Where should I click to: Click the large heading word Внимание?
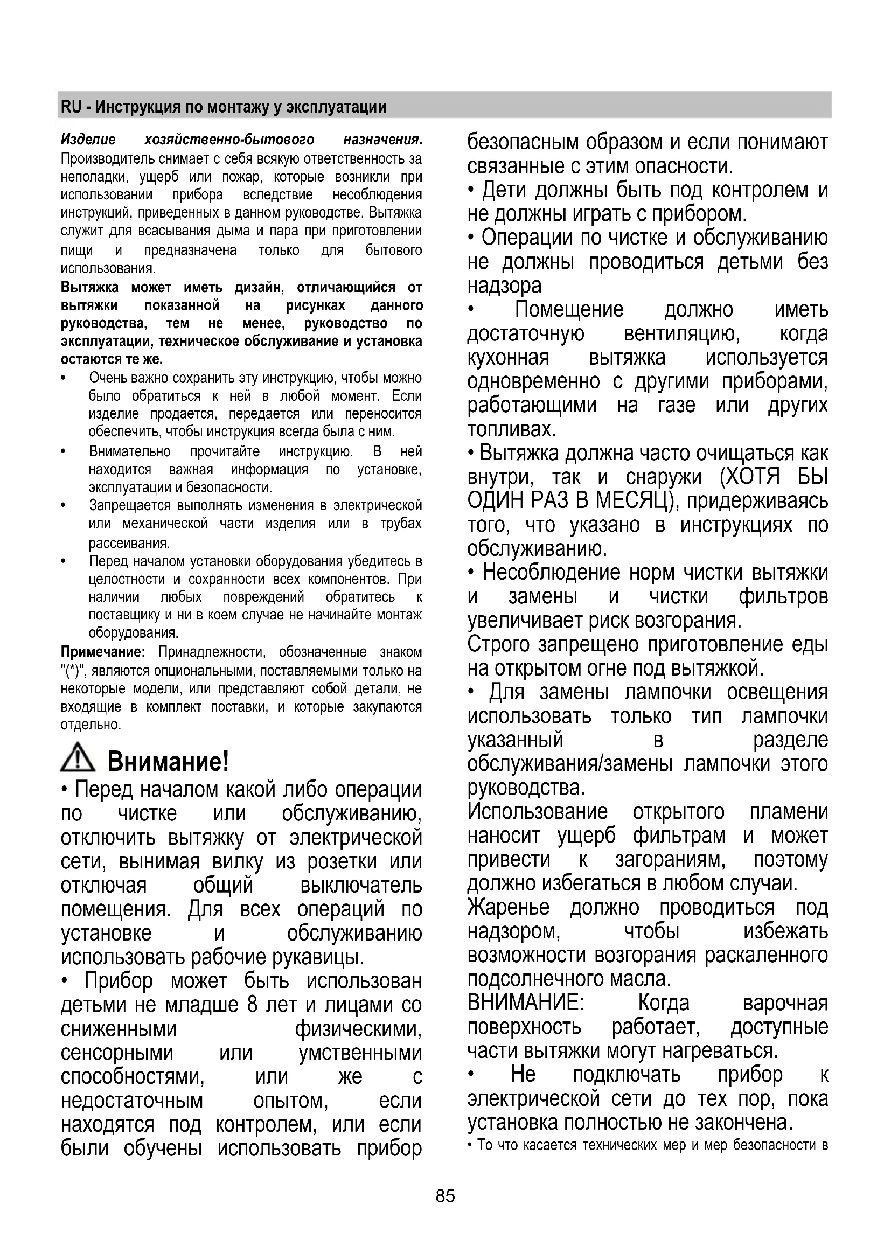click(x=168, y=761)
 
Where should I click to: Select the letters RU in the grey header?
click(x=71, y=107)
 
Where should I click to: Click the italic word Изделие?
click(x=88, y=140)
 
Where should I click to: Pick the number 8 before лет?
click(x=252, y=1005)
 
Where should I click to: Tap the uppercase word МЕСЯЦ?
click(x=631, y=500)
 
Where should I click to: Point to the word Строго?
click(x=499, y=644)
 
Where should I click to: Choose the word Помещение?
click(x=569, y=310)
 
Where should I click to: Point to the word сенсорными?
click(x=117, y=1053)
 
